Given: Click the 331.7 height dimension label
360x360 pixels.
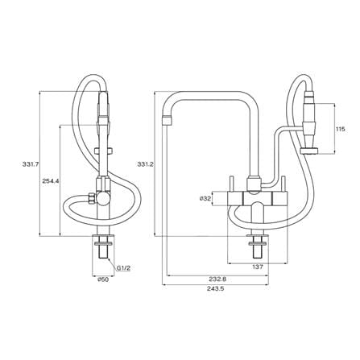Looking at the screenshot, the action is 31,164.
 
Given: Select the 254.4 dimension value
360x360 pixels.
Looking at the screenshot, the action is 51,181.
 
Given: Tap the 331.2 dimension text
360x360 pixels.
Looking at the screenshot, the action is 145,164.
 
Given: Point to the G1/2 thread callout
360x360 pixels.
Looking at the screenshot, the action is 123,267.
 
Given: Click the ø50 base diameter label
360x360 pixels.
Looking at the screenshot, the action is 103,279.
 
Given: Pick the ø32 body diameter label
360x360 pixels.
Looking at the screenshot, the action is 205,199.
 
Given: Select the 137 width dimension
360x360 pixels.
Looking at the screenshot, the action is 258,267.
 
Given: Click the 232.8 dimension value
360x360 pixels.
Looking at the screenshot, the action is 217,279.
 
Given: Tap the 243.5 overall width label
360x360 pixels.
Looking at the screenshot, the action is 215,289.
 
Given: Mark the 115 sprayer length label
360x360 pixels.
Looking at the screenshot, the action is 340,129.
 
